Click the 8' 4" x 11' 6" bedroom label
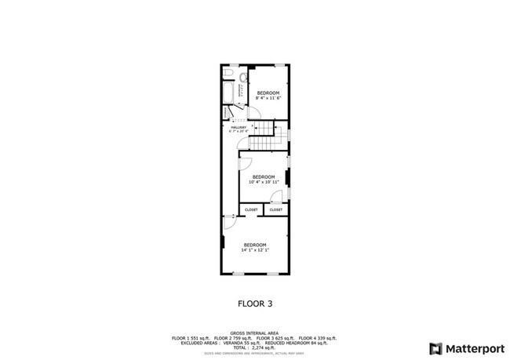click(268, 96)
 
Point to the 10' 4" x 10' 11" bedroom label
click(264, 179)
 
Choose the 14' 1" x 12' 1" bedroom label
click(255, 247)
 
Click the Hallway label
click(239, 129)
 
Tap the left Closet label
click(251, 210)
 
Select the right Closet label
click(276, 210)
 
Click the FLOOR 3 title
click(255, 302)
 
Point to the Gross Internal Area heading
click(255, 333)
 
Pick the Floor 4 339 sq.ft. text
click(318, 338)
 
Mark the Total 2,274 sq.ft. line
click(255, 347)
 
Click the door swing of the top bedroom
click(256, 117)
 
